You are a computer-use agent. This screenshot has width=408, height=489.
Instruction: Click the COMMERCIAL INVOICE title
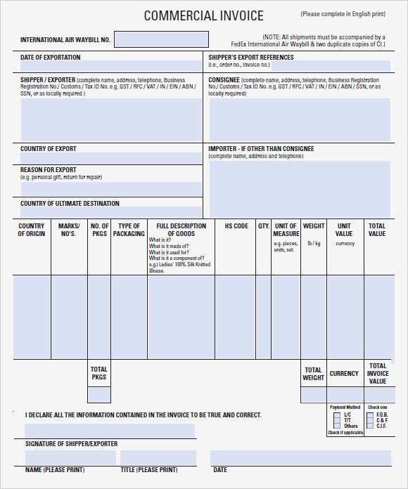203,15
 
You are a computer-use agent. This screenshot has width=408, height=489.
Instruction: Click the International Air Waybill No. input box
161,39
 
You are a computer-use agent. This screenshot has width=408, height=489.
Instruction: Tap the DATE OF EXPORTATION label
50,58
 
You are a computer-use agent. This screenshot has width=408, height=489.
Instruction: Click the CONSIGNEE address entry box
299,119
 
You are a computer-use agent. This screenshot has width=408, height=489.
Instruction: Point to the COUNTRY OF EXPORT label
49,149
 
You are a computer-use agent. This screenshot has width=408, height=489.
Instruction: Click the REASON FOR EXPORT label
49,170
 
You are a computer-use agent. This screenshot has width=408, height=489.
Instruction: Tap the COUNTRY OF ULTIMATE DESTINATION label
70,204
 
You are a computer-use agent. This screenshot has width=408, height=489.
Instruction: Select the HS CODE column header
236,226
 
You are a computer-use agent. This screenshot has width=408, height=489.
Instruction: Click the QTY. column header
264,226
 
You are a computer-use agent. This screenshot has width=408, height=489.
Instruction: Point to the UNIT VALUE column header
344,230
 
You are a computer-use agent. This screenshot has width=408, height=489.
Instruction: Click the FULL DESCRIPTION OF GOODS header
181,230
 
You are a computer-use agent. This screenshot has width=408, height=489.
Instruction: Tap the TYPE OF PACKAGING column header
129,230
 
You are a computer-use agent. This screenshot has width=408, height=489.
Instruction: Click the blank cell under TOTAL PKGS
99,395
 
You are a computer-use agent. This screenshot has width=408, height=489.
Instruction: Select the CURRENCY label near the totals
344,374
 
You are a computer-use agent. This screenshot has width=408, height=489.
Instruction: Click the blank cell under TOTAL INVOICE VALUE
378,395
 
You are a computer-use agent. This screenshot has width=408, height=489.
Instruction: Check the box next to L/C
337,415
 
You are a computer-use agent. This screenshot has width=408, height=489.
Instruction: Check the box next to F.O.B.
371,415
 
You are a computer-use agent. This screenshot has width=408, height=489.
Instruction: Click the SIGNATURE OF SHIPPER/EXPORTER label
71,444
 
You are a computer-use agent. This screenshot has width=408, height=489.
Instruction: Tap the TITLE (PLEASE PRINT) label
148,469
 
